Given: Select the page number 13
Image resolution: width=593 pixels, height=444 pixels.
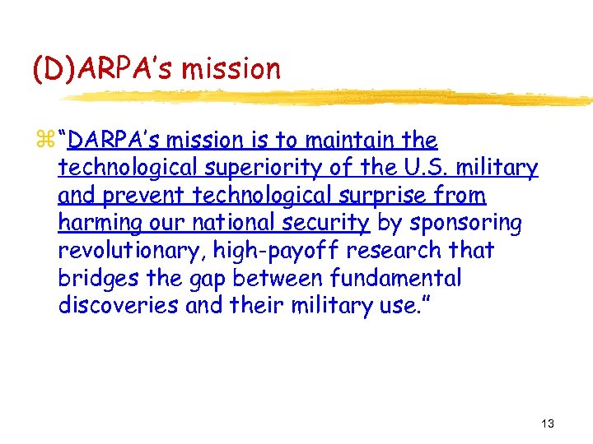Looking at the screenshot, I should (548, 423).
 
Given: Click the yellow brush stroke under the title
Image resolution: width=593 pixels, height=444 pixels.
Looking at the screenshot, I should (329, 97).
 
